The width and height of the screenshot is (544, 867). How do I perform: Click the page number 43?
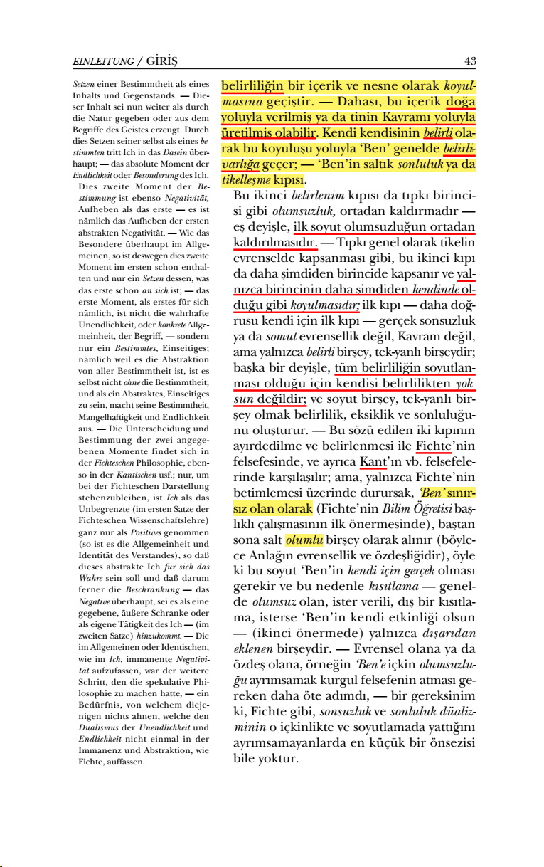point(470,61)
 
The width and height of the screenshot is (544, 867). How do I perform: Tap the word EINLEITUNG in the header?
point(102,62)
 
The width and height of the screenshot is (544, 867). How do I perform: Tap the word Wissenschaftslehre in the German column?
point(158,522)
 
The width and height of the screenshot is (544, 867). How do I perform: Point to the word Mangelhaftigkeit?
point(109,416)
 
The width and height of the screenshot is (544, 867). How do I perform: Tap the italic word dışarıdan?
point(450,632)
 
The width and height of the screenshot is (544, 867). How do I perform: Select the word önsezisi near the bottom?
point(451,742)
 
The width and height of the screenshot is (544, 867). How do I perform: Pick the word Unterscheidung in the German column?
point(174,429)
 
